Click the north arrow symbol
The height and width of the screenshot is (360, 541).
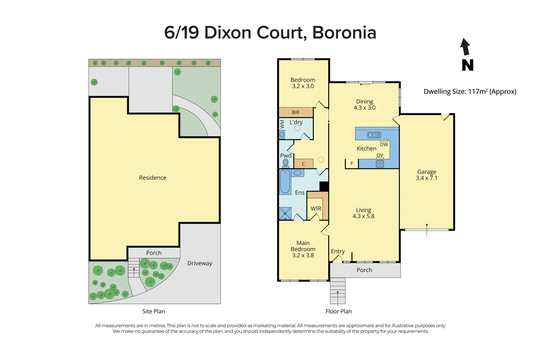point(466,47)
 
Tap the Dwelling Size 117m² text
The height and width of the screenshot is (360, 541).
point(470,91)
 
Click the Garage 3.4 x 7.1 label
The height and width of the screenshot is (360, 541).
point(426,175)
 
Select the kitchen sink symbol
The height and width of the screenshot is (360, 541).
point(374,135)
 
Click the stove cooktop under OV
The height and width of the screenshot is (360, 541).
point(380,164)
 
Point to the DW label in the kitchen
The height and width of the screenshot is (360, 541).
point(384,144)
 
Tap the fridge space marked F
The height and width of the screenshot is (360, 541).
point(352,164)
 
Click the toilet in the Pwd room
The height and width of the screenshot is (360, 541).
point(286,163)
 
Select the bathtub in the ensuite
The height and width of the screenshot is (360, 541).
point(285,182)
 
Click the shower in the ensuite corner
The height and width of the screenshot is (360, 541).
point(285,213)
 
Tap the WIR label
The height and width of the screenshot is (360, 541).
point(316,209)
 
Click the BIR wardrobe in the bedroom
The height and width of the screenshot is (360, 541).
point(296,112)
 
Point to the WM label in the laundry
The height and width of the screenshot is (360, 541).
point(282,124)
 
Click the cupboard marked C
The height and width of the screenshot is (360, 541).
point(304,164)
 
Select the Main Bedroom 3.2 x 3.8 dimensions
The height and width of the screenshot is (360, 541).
point(303,255)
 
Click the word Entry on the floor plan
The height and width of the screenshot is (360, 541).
point(338,251)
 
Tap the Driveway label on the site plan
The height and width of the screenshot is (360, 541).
point(199,263)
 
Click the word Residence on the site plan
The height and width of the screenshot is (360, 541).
point(152,178)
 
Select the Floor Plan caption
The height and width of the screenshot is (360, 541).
point(339,311)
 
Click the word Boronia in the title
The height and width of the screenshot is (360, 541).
point(344,33)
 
